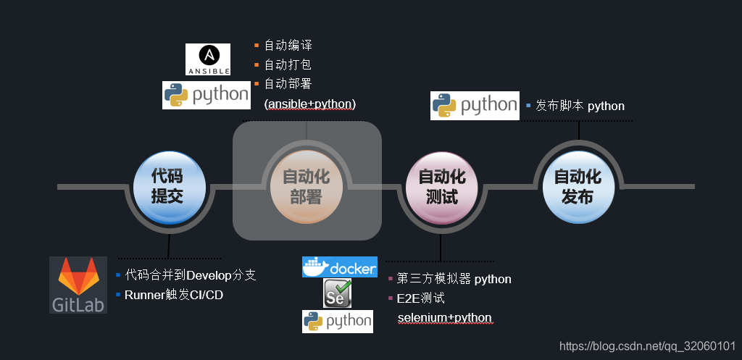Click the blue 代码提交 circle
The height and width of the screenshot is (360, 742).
coord(167,186)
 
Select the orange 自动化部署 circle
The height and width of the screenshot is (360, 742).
coord(306,186)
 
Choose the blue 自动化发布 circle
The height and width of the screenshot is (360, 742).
coord(578,186)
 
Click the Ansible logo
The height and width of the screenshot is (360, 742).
coord(208,59)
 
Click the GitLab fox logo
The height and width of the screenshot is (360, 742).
coord(78,284)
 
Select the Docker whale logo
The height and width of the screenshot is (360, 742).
coord(340,267)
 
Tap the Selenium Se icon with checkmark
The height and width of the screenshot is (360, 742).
coord(338,293)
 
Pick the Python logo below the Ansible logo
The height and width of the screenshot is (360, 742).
coord(206,95)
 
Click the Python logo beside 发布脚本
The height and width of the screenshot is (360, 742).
coord(475,106)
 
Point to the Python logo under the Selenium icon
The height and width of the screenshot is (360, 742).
coord(338,321)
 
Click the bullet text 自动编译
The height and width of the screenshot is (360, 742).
coord(288,46)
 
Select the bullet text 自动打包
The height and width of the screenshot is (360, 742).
coord(288,64)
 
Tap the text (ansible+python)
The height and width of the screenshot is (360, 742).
coord(310,104)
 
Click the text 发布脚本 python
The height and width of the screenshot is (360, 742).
coord(580,106)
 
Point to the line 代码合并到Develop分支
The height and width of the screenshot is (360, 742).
coord(190,275)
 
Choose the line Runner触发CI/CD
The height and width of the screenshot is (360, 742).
coord(174,295)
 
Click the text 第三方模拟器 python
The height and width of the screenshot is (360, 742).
coord(454,279)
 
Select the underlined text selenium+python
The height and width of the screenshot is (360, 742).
coord(445,318)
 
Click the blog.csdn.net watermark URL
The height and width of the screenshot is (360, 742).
coord(649,346)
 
